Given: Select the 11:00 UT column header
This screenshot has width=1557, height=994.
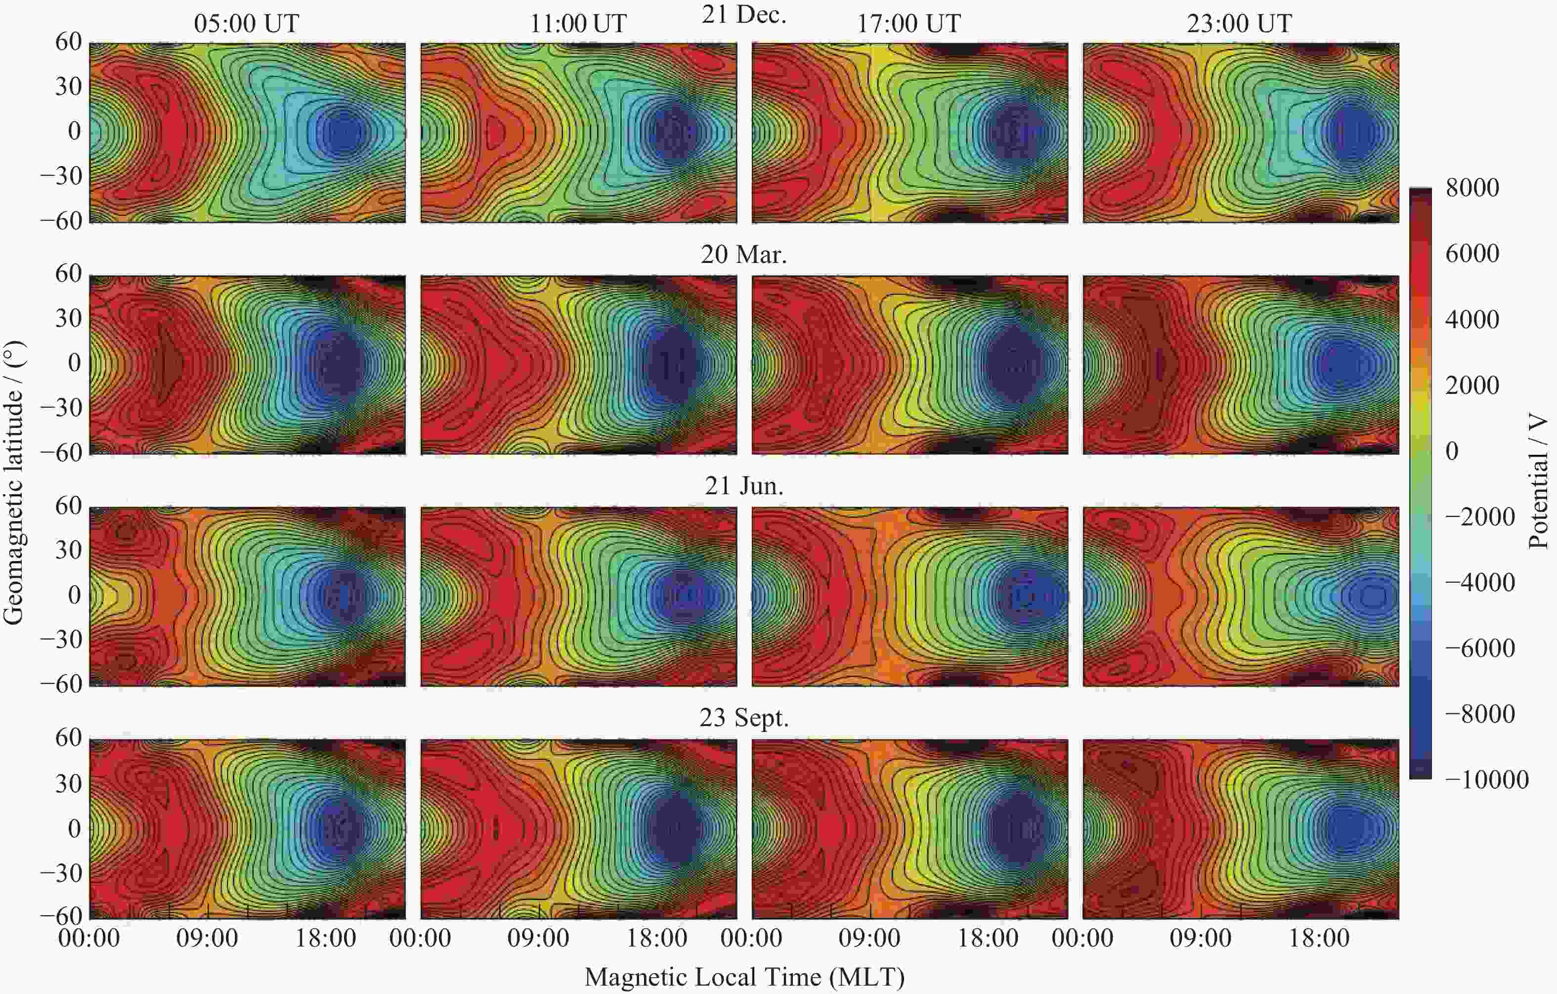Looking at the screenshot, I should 578,24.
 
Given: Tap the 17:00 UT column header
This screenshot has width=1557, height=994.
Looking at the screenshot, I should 908,24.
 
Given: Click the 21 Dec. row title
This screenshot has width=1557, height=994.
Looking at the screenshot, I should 743,14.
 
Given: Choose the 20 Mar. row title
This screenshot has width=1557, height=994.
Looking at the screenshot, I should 743,255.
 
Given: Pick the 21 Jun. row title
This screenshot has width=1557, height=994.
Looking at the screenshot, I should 743,486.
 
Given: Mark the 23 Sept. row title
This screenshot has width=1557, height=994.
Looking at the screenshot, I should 743,718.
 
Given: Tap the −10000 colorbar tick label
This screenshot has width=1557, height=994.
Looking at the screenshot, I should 1486,779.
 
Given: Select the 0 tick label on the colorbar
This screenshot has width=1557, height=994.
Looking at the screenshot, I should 1452,451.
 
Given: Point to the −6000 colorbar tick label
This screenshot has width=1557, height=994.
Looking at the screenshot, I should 1480,648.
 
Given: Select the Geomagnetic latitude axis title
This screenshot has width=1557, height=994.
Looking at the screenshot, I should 14,482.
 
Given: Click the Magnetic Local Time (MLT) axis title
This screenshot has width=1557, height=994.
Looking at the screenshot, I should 743,977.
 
